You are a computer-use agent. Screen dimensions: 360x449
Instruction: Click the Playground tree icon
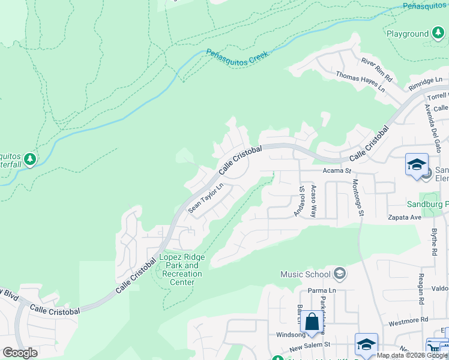click(438, 34)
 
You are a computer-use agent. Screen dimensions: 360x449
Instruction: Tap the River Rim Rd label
click(376, 69)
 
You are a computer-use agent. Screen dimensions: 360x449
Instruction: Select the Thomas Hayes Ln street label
click(360, 82)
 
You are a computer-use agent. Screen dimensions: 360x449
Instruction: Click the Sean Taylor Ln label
click(205, 198)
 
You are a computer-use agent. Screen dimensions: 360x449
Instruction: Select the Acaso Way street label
click(313, 200)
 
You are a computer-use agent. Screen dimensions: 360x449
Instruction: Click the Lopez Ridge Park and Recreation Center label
click(182, 269)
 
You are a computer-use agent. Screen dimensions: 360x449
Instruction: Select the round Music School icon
click(339, 274)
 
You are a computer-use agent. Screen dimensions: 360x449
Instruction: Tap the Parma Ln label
click(321, 291)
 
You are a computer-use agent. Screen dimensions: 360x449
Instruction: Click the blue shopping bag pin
click(312, 321)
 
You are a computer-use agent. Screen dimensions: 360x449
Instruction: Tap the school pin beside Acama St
click(417, 165)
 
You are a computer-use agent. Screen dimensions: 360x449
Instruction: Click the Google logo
click(20, 352)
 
